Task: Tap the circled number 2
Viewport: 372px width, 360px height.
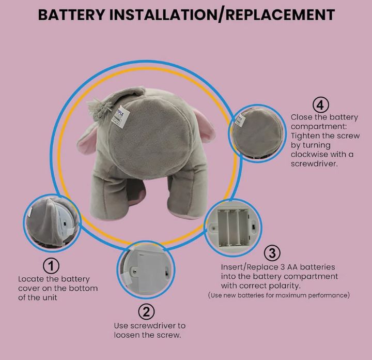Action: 146,311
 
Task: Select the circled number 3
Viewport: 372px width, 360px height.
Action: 272,253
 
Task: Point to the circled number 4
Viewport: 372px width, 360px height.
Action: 321,104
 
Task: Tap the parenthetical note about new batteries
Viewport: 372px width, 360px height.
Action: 279,295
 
